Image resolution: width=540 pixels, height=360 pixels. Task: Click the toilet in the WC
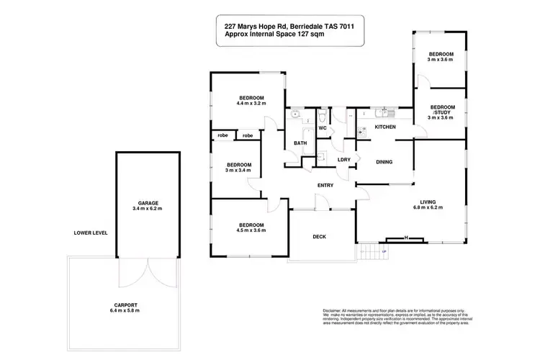(x=323, y=116)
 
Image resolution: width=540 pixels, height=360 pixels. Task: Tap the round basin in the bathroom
(x=295, y=113)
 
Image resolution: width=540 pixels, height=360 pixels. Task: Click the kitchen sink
(x=382, y=113)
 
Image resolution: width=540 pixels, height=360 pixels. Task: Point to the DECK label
(x=320, y=236)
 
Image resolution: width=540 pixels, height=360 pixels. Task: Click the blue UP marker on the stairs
(x=383, y=251)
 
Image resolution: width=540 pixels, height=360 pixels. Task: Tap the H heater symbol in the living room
(x=406, y=238)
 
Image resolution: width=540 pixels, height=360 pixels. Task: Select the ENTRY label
(x=325, y=186)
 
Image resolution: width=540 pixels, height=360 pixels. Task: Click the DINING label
(x=384, y=162)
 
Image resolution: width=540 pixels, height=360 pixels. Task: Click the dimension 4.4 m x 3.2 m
(x=251, y=104)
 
